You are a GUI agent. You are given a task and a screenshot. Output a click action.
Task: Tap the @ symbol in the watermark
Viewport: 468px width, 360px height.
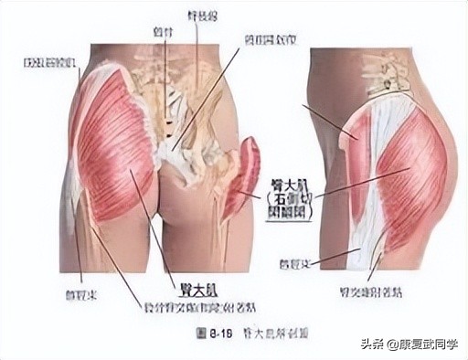389,344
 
